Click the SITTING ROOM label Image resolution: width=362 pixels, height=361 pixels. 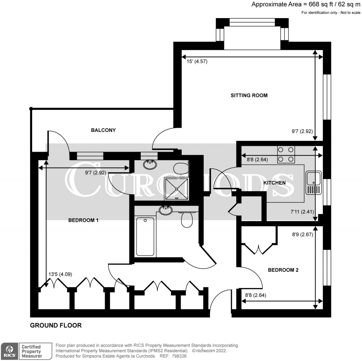(x=249, y=95)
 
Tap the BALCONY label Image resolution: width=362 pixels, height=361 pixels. (x=103, y=130)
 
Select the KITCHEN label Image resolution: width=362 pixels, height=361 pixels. (x=274, y=183)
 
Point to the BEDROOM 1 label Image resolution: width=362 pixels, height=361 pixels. (x=83, y=220)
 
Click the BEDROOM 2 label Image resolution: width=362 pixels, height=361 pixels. (x=283, y=270)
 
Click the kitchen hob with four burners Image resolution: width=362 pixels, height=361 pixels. (x=286, y=154)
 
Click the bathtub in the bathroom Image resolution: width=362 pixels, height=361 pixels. (x=145, y=236)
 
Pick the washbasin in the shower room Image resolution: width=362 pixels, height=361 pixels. (x=151, y=164)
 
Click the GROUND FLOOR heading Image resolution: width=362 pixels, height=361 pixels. (x=56, y=325)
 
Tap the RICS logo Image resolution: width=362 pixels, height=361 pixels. (x=9, y=351)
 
